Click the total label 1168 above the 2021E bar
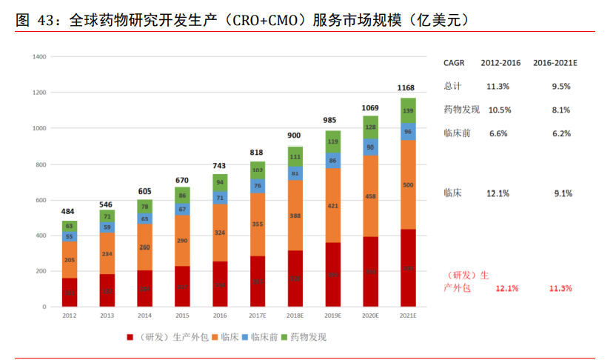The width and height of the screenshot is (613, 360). click(406, 87)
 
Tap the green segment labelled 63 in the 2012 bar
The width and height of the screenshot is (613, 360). click(70, 226)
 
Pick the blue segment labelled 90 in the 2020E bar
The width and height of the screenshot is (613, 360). click(369, 147)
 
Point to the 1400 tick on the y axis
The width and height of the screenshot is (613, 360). click(39, 56)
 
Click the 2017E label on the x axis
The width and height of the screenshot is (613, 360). click(258, 316)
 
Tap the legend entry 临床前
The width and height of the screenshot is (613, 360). click(264, 337)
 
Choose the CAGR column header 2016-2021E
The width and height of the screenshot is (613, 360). click(555, 63)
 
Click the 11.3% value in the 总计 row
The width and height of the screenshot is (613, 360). click(498, 86)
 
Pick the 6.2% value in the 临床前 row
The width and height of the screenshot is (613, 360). click(561, 133)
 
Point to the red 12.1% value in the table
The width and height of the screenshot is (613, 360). click(507, 288)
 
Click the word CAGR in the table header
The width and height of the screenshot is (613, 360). click(455, 63)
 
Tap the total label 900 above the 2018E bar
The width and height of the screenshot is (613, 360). click(294, 136)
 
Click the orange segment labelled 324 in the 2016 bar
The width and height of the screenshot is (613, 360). click(220, 233)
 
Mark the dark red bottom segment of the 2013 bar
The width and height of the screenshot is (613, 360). click(107, 290)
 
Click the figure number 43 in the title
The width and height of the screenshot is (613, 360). click(44, 20)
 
